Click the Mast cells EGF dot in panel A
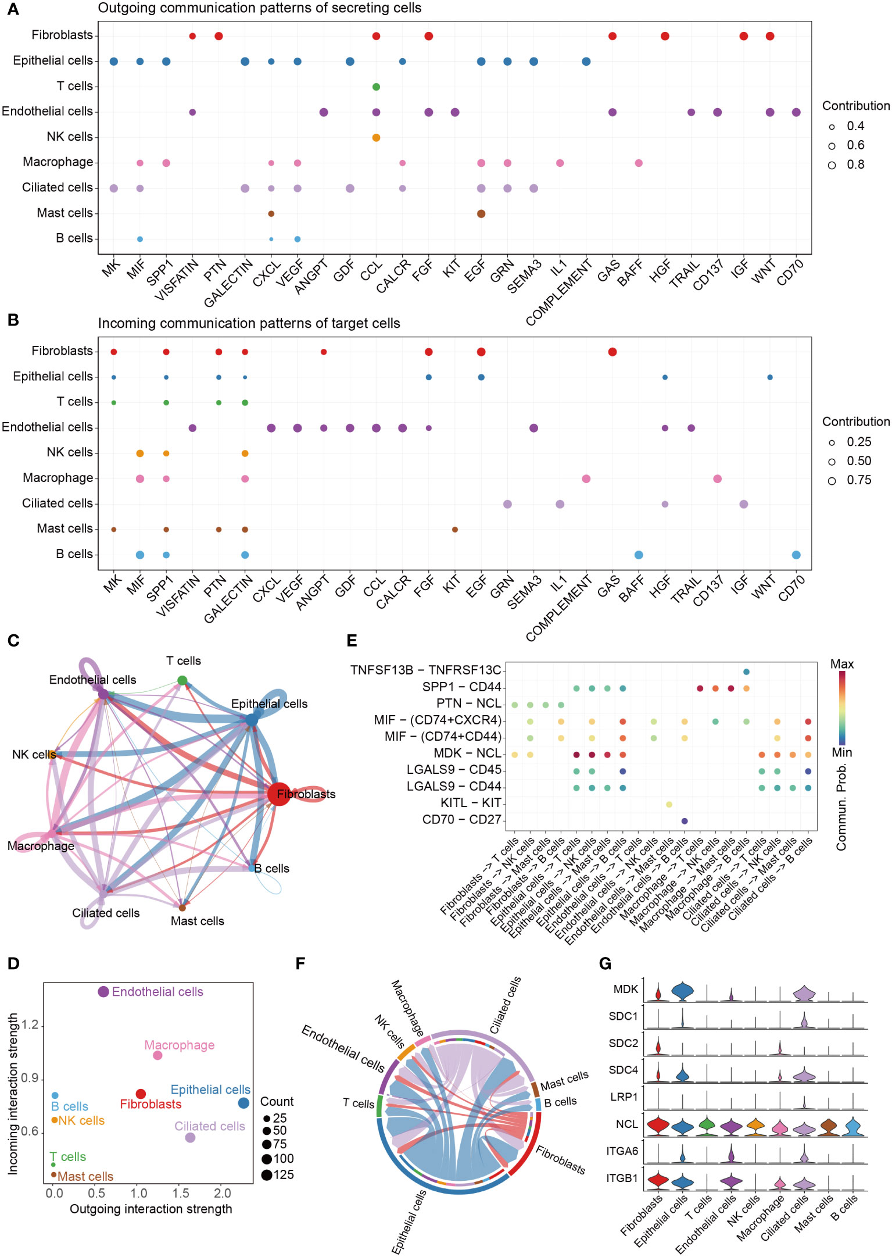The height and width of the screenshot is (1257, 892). click(x=481, y=213)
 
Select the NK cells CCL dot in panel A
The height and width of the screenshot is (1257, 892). click(x=376, y=138)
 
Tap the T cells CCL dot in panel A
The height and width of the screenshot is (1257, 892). click(x=376, y=87)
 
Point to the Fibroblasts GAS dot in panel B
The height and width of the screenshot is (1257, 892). click(x=612, y=352)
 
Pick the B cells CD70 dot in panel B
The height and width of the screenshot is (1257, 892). click(x=796, y=555)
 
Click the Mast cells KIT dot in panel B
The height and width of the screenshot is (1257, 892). click(x=455, y=529)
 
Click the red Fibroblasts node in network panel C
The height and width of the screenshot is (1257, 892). click(x=278, y=794)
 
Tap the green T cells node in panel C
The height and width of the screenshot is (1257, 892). click(x=182, y=680)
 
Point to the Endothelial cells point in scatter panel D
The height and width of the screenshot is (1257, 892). click(x=103, y=992)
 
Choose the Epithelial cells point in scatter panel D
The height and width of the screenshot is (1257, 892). click(x=243, y=1103)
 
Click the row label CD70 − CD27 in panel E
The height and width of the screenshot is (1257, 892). click(x=461, y=820)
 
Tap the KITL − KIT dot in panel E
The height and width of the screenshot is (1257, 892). click(x=669, y=804)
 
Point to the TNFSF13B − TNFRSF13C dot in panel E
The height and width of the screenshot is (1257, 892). click(x=746, y=672)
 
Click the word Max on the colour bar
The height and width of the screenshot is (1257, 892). click(x=841, y=664)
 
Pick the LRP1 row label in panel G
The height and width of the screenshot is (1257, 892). click(x=624, y=1097)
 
